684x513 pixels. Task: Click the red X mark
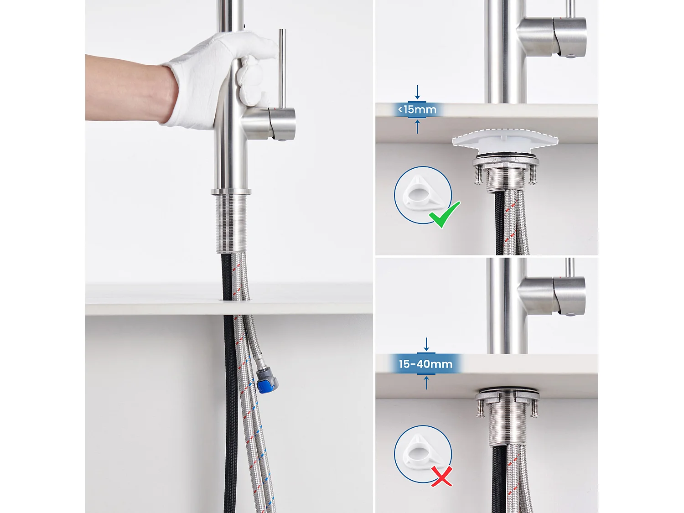pyautogui.click(x=441, y=476)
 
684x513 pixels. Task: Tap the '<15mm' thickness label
pyautogui.click(x=417, y=109)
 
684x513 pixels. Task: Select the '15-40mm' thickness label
pyautogui.click(x=425, y=364)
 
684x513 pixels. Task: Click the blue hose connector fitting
pyautogui.click(x=264, y=381)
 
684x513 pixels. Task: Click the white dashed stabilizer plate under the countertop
pyautogui.click(x=505, y=140)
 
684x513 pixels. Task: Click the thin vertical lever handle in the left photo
pyautogui.click(x=282, y=68)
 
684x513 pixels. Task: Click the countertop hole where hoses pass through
pyautogui.click(x=236, y=299)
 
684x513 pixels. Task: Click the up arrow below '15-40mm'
pyautogui.click(x=426, y=383)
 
